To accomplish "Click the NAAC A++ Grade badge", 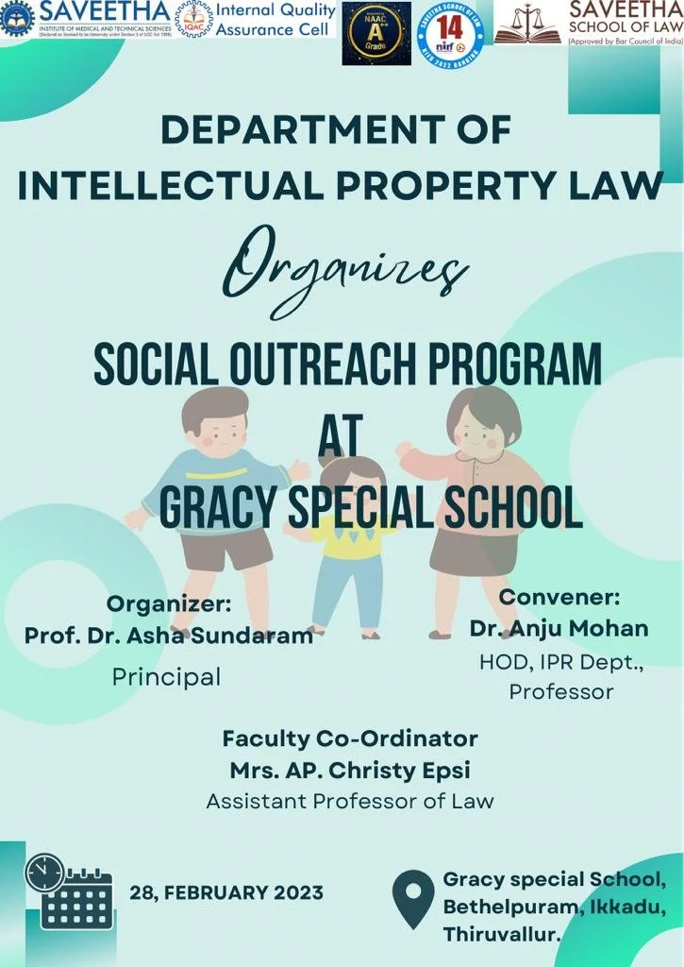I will click(x=376, y=33).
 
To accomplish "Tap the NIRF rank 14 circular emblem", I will click(x=450, y=33).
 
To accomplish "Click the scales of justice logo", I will click(x=527, y=25).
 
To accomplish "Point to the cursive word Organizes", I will click(x=345, y=267).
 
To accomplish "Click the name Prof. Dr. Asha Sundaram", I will click(x=169, y=636).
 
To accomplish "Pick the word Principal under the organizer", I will click(x=166, y=676).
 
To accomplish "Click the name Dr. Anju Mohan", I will click(x=559, y=628).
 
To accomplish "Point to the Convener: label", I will click(x=559, y=597).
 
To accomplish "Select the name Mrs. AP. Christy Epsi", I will click(x=350, y=770).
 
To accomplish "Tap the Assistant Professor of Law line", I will click(x=350, y=802).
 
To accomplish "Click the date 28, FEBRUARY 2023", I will click(x=226, y=892).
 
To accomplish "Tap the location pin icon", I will click(x=412, y=898).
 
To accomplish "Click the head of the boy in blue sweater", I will click(x=215, y=421).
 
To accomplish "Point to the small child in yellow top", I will click(x=348, y=548).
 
